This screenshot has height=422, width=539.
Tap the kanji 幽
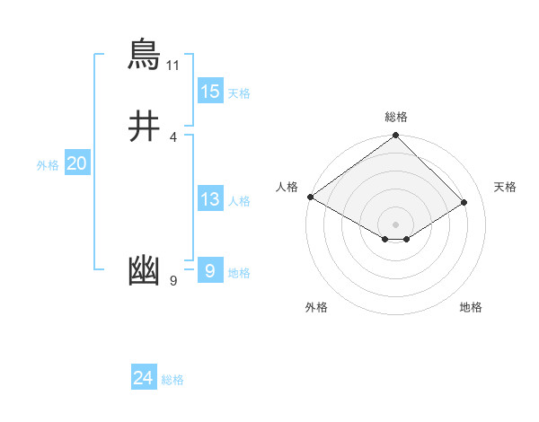click(145, 270)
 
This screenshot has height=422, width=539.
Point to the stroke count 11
click(173, 66)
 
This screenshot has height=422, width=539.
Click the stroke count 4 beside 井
click(173, 136)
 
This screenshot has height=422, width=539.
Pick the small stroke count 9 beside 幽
click(173, 282)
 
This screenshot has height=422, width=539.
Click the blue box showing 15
click(210, 92)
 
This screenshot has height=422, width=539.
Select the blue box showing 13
click(210, 199)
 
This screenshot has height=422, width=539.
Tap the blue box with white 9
click(210, 270)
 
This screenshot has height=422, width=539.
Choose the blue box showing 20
click(76, 163)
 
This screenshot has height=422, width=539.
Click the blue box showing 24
click(144, 378)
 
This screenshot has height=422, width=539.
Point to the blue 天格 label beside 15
click(239, 93)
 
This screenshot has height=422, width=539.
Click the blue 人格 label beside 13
click(239, 201)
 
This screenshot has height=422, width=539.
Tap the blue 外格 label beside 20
click(48, 165)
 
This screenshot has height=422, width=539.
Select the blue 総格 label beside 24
click(172, 380)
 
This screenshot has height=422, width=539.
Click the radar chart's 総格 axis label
click(396, 117)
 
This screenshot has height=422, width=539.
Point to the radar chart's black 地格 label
click(471, 307)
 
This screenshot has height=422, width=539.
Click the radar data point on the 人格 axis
click(310, 197)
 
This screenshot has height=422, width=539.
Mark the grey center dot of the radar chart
click(396, 224)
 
